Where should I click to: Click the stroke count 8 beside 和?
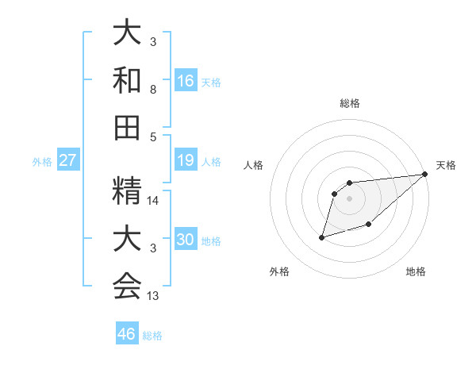152,91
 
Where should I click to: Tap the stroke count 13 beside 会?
154,296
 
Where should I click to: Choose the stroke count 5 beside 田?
152,137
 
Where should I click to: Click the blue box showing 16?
186,80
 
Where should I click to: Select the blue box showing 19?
186,160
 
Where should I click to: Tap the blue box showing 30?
186,240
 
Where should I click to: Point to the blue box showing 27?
68,160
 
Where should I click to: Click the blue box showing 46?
127,333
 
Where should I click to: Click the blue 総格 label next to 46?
152,336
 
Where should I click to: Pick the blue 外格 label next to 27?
42,162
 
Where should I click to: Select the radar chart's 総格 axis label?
349,103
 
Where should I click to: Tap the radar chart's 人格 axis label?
255,165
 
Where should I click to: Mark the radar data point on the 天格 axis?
425,175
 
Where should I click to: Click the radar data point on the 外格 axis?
322,236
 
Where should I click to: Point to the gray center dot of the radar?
349,198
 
